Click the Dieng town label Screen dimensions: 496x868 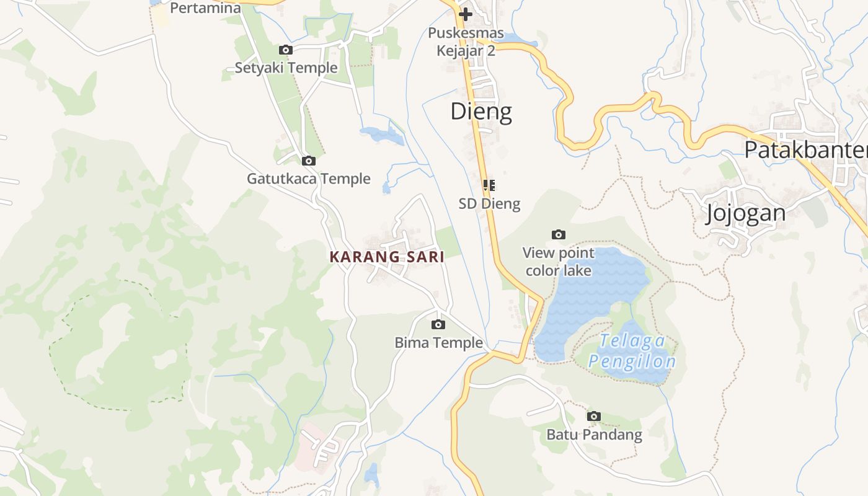click(481, 112)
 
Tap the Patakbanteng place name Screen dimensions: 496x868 click(805, 150)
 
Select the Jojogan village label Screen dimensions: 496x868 click(746, 213)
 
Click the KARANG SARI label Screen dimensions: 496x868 click(387, 257)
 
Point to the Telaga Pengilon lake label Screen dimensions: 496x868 click(632, 351)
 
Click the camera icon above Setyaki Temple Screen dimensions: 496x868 click(285, 50)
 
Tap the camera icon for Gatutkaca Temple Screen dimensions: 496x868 click(308, 161)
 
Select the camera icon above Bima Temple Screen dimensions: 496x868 click(438, 324)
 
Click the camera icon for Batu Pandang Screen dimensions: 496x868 click(594, 416)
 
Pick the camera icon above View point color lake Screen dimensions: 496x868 click(559, 234)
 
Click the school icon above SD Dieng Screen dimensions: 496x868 click(489, 185)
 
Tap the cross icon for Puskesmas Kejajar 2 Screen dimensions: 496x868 click(466, 14)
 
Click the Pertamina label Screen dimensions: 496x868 click(205, 8)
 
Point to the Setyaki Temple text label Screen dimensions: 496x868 click(286, 68)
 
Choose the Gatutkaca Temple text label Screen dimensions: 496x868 click(309, 179)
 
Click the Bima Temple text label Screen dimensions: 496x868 click(438, 342)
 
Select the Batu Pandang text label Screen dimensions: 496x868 click(594, 434)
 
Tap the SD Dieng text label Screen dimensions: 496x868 click(489, 203)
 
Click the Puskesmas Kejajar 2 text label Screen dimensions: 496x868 click(466, 41)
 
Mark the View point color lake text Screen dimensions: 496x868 click(559, 262)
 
